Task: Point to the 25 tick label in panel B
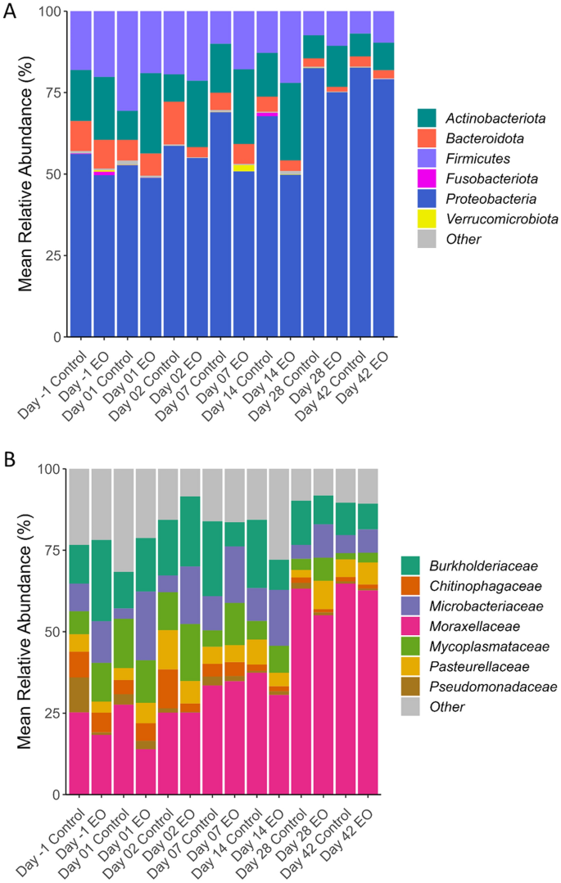(52, 714)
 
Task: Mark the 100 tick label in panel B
(48, 469)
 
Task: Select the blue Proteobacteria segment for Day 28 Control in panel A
(314, 205)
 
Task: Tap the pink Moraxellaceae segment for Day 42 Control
(361, 687)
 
